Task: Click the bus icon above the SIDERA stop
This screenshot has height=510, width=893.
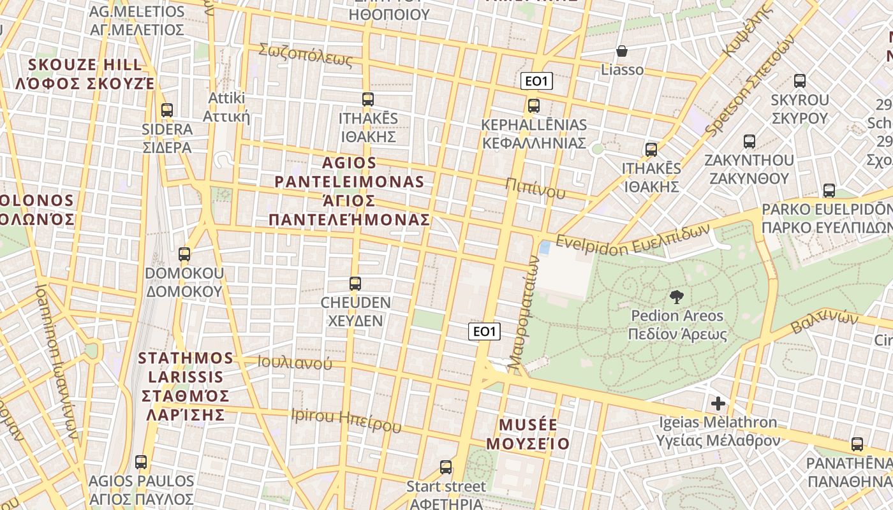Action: click(x=167, y=110)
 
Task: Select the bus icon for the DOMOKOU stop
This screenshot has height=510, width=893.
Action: click(x=184, y=254)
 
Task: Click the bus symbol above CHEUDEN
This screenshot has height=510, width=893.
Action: click(x=355, y=284)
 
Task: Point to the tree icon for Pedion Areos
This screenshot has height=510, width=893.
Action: click(x=676, y=296)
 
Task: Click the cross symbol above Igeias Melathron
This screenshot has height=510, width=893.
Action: click(x=718, y=404)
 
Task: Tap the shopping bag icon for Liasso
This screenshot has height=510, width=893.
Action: click(x=622, y=51)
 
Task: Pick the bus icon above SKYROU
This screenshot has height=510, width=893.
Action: click(x=799, y=81)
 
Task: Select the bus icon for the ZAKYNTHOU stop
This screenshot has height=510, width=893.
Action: click(x=749, y=142)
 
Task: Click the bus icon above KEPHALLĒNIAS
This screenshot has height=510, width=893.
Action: click(x=534, y=106)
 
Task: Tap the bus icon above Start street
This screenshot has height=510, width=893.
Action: click(x=446, y=467)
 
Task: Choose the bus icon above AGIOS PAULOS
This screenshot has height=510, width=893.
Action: click(x=141, y=462)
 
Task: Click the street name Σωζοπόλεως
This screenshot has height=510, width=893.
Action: click(x=306, y=55)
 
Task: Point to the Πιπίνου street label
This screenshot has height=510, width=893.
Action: click(x=535, y=188)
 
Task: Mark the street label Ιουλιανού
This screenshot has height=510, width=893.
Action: click(x=295, y=363)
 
